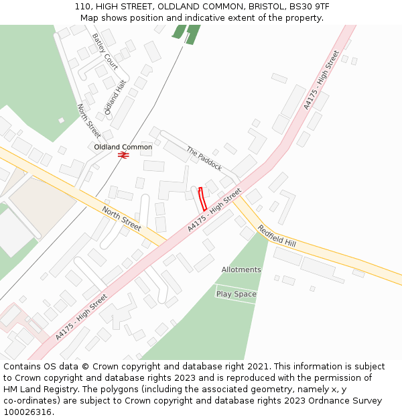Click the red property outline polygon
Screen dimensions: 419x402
click(202, 199)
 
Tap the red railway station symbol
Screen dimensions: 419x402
click(123, 155)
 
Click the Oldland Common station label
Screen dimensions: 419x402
click(123, 147)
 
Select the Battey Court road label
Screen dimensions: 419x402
click(105, 52)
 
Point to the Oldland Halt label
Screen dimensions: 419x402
click(115, 97)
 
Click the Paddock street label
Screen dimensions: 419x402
click(204, 158)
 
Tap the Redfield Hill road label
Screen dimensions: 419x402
click(277, 235)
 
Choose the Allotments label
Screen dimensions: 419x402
click(241, 270)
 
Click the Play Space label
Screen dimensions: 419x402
click(236, 294)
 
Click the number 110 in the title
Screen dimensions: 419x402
click(82, 7)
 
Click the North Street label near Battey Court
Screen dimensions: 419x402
click(88, 121)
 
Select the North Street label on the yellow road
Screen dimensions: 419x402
click(121, 219)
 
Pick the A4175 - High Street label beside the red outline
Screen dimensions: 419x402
click(214, 211)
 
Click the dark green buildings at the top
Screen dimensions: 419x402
click(186, 34)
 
